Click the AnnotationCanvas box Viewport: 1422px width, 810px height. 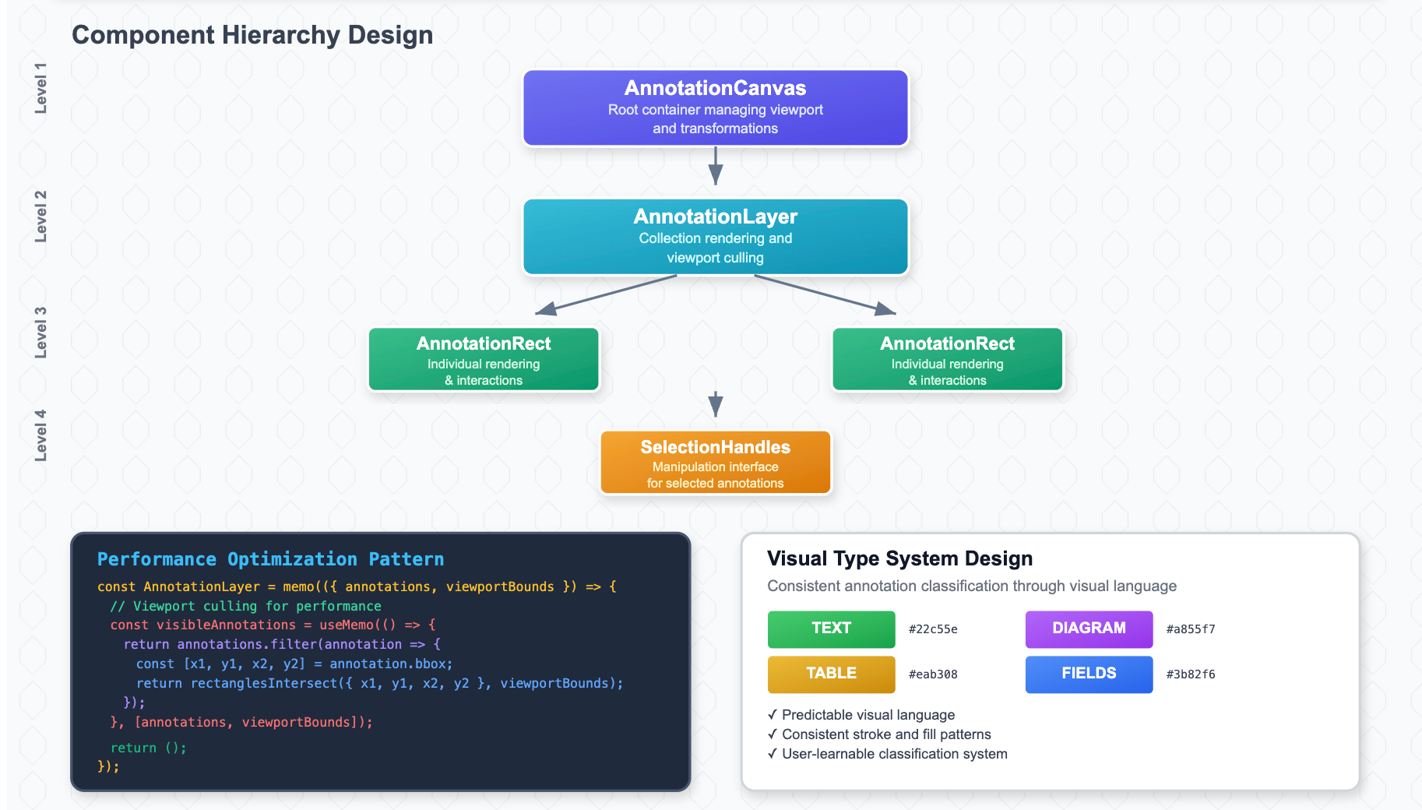coord(715,108)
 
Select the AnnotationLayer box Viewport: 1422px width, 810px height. coord(715,237)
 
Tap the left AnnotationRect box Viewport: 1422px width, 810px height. coord(484,359)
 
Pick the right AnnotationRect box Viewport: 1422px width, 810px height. coord(947,359)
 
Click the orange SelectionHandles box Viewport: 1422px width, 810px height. coord(715,463)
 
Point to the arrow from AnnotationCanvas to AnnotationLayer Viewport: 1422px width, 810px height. coord(715,165)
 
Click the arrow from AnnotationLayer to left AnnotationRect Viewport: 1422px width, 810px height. coord(605,295)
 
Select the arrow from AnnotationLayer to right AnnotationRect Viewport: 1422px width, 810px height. coord(825,295)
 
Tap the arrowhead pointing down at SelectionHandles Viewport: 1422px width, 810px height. coord(715,404)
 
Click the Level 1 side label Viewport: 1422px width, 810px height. coord(40,88)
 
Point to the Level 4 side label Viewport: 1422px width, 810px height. coord(40,435)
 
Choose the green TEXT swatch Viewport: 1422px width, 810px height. coord(831,629)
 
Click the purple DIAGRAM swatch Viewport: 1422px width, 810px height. coord(1089,629)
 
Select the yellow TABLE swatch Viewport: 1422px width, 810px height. coord(831,674)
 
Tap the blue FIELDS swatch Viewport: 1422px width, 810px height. coord(1089,674)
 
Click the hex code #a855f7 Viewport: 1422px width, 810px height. coord(1190,629)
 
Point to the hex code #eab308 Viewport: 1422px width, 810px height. coord(933,674)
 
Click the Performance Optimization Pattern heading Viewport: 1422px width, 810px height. coord(270,559)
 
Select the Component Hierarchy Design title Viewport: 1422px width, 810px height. coord(252,35)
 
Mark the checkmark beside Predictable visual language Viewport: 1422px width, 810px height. coord(772,714)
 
